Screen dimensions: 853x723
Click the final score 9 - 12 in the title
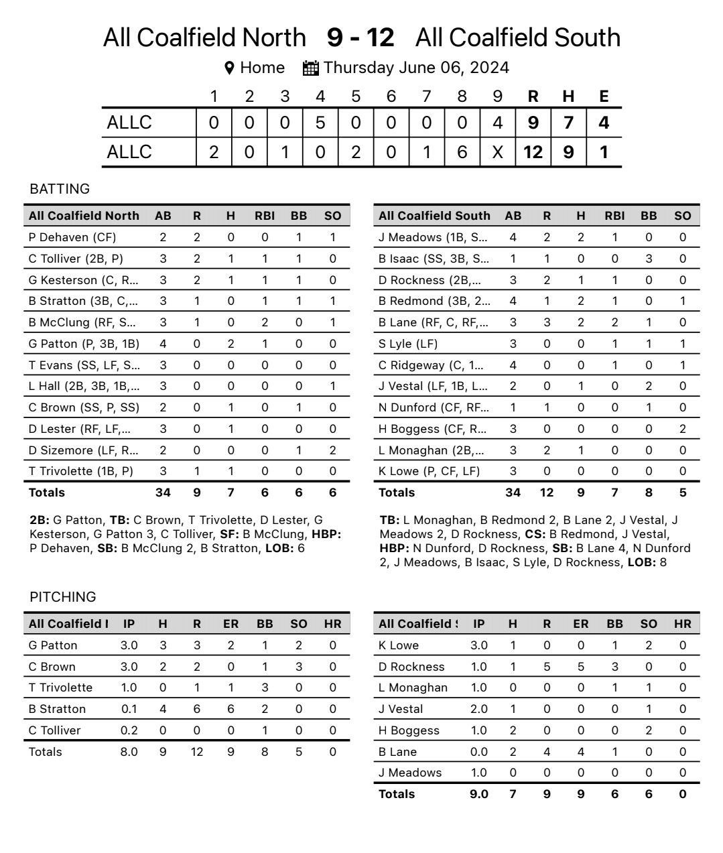pos(360,38)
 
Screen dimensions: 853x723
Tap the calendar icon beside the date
pos(310,68)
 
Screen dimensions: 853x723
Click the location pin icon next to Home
pos(229,68)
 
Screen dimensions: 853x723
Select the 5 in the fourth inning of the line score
pos(320,123)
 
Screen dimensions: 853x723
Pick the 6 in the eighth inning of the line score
pos(462,152)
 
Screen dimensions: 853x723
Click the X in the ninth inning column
pos(497,152)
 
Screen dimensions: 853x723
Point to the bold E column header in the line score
pos(604,96)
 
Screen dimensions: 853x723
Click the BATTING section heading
pos(60,189)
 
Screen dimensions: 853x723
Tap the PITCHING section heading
pos(63,597)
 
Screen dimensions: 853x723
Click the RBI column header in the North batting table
pos(265,216)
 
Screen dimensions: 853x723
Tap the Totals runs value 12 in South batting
pos(547,493)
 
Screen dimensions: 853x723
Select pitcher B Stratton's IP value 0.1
pos(129,709)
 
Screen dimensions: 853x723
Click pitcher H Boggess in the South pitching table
pos(409,730)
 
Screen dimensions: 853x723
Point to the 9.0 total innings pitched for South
pos(478,794)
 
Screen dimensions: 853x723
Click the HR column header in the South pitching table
pos(682,624)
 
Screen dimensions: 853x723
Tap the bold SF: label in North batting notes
pos(230,534)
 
